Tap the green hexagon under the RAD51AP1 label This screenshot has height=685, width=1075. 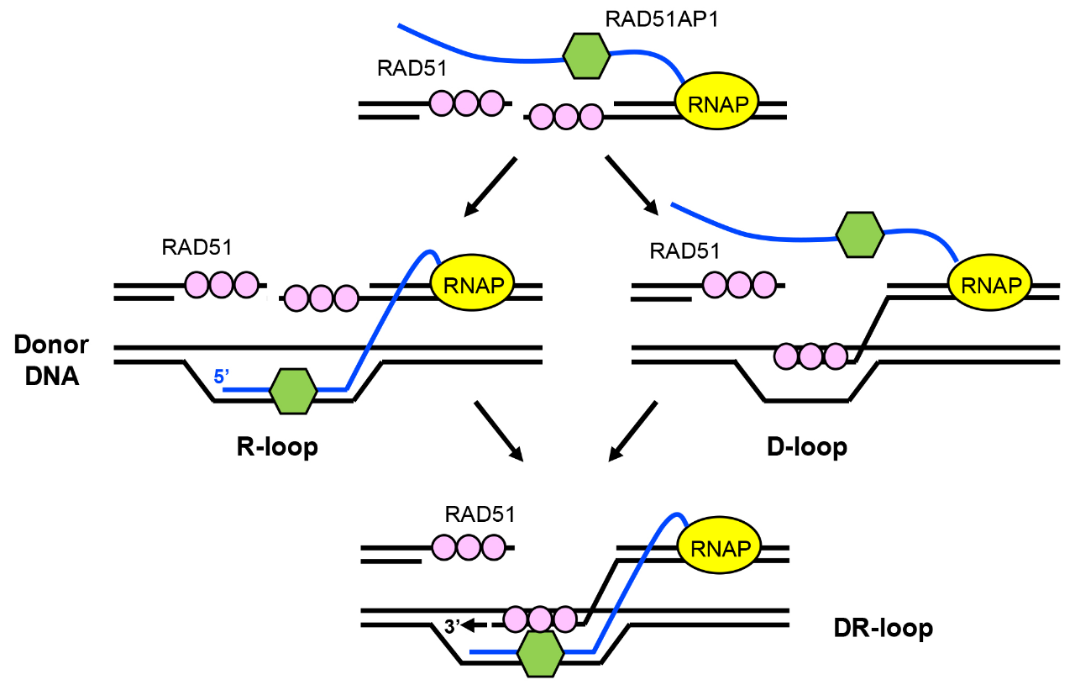pyautogui.click(x=585, y=56)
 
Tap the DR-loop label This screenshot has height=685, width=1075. pyautogui.click(x=884, y=628)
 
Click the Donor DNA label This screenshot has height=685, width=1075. pyautogui.click(x=50, y=360)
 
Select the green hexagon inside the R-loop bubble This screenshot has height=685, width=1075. pyautogui.click(x=293, y=391)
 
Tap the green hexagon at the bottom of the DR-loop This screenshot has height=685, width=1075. pyautogui.click(x=540, y=653)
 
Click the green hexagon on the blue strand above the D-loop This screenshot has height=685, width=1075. pyautogui.click(x=860, y=234)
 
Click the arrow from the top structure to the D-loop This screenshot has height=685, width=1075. pyautogui.click(x=632, y=183)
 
